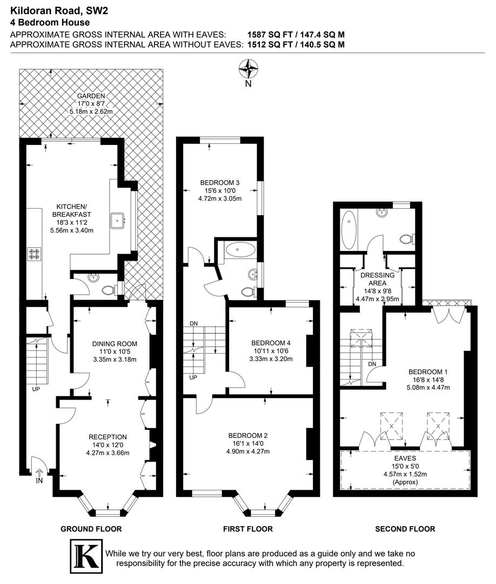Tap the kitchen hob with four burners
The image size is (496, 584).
(x=35, y=254)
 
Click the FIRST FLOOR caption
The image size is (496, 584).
(x=247, y=529)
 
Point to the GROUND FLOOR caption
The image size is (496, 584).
(x=91, y=529)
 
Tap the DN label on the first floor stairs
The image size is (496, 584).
(x=193, y=323)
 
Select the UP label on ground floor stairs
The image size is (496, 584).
(x=36, y=389)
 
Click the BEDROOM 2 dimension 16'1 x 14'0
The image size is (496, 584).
(x=249, y=444)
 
